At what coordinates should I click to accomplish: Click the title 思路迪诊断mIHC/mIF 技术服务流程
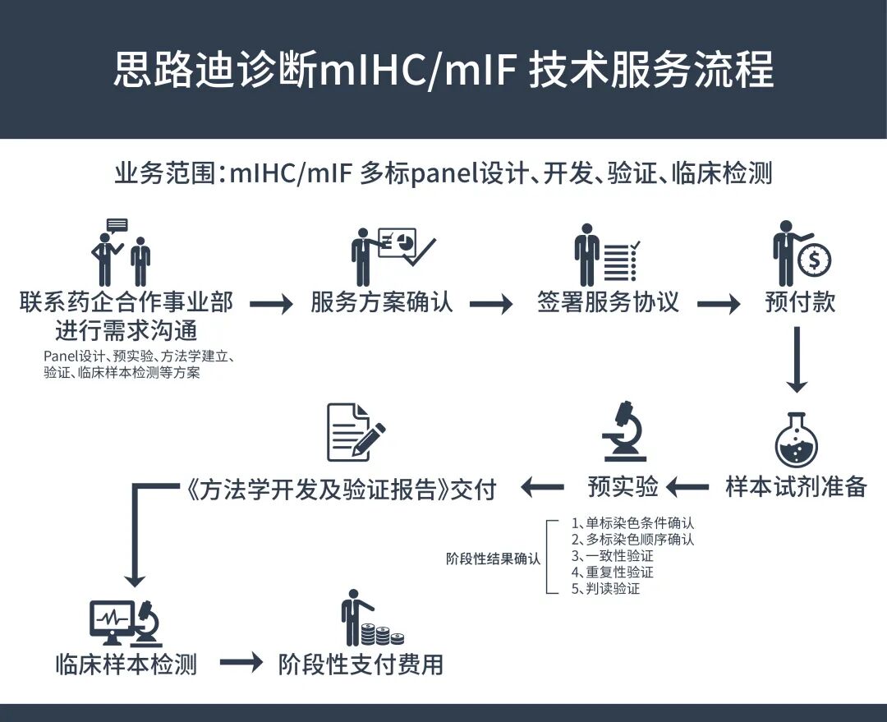443,71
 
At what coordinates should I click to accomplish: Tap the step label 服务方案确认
382,302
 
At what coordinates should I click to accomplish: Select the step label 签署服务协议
608,302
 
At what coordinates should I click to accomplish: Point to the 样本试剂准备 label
796,486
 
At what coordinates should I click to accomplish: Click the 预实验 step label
623,486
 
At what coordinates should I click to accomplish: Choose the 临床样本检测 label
126,664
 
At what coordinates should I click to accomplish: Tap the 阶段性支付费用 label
361,664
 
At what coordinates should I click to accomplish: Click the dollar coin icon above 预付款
814,261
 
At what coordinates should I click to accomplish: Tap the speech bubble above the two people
117,225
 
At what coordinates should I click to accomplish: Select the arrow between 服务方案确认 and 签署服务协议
491,304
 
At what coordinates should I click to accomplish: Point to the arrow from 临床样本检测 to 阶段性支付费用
241,664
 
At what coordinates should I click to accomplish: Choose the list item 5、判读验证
605,589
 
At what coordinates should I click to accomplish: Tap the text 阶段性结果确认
494,559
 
